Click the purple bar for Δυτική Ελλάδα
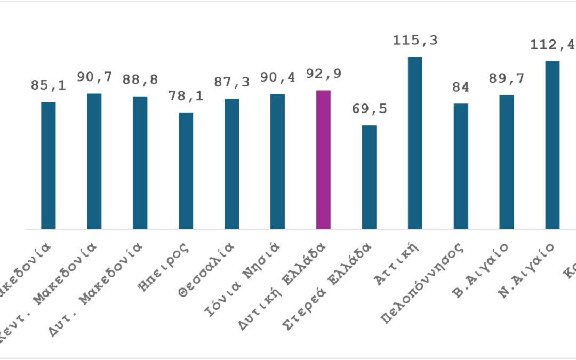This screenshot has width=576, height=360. (x=323, y=160)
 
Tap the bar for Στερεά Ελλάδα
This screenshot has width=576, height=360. (x=369, y=177)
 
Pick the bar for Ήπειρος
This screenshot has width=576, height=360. (x=186, y=171)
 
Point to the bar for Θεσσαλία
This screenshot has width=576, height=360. (x=231, y=164)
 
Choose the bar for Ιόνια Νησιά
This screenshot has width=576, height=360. (x=277, y=162)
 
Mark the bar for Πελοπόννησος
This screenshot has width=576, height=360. (x=461, y=166)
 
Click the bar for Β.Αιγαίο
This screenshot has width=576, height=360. (x=507, y=162)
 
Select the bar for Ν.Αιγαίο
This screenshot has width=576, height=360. (x=553, y=145)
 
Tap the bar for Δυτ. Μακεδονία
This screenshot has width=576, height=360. (x=140, y=163)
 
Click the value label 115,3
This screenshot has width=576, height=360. (x=415, y=40)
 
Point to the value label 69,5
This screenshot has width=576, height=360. (x=369, y=109)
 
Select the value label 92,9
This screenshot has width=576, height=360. (x=323, y=74)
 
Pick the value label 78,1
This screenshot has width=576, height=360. (x=186, y=97)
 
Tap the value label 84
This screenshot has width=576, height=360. (x=461, y=87)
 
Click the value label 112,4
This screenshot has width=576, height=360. (x=553, y=44)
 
